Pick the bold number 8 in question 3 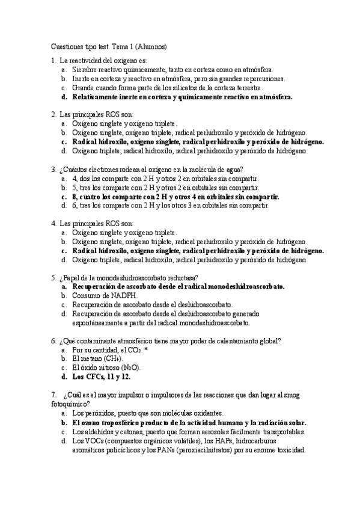point(75,196)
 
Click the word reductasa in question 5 point(183,278)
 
